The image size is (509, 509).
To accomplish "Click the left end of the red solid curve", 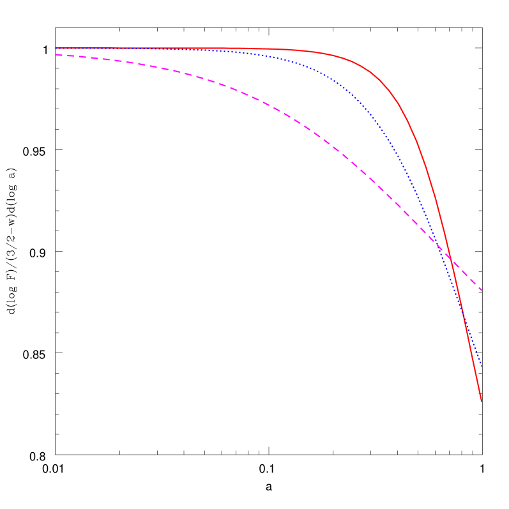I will [x=56, y=48].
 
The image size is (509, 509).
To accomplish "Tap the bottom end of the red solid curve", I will [x=481, y=401].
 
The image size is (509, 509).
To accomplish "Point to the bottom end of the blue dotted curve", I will [x=481, y=365].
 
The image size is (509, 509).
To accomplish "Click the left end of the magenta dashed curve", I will [x=56, y=54].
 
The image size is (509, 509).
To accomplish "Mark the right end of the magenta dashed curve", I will [x=482, y=291].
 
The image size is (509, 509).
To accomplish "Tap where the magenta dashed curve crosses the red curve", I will [x=451, y=259].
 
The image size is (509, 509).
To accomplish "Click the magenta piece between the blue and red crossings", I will [x=445, y=252].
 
